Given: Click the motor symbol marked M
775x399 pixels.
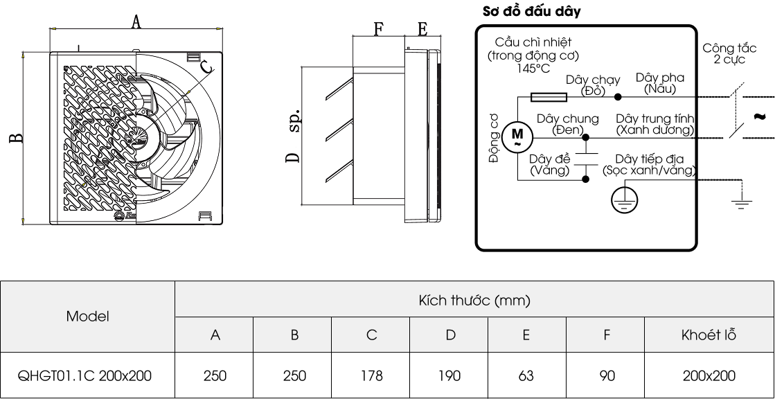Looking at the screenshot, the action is pos(517,136).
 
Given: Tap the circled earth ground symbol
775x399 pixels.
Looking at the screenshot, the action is pos(624,199).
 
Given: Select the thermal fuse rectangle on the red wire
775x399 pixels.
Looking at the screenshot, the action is pos(548,97).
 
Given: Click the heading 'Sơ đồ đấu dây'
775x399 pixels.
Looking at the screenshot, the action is pos(531,11).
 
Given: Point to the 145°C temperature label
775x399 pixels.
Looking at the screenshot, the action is pos(533,68).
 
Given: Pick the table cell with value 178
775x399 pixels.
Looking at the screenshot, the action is pos(371,375).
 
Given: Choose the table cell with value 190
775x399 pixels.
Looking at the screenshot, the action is pos(449,375).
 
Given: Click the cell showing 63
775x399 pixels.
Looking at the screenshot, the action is pos(527,375).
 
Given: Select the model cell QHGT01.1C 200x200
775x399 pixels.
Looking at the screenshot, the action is pos(84,375).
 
